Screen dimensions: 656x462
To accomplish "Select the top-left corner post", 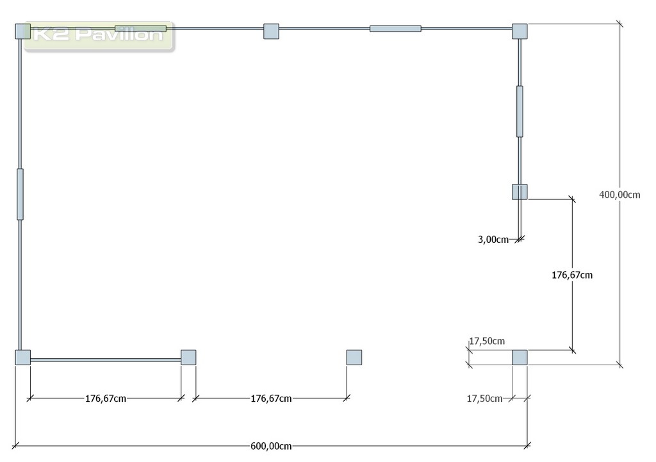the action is pos(22,31).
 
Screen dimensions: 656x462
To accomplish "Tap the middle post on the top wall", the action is pos(271,31).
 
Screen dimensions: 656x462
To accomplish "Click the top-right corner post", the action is pos(520,31).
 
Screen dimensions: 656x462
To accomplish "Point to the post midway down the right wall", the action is pos(520,192).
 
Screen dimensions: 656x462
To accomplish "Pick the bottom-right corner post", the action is pos(520,358).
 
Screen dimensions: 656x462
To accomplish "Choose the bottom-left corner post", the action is pos(22,358).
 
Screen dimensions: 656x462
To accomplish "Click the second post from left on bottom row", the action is pos(188,358).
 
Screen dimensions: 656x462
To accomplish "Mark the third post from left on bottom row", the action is pos(354,358).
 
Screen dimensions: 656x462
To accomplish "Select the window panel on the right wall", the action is pos(520,111).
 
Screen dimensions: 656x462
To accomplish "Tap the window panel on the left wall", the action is pos(20,194).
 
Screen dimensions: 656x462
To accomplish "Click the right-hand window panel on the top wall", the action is pos(395,29).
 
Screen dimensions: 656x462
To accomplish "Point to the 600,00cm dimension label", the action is pos(271,446).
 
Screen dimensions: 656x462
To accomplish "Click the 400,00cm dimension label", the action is pos(619,195).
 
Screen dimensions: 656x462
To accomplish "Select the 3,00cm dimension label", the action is pos(493,240).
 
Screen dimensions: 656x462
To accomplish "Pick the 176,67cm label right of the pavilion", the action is pos(572,275).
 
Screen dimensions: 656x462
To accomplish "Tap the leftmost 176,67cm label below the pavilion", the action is pos(106,399).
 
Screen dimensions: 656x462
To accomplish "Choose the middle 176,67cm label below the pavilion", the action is pos(271,399).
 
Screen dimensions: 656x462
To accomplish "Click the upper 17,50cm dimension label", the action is pos(487,341).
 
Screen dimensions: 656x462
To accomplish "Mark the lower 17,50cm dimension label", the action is pos(484,399).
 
